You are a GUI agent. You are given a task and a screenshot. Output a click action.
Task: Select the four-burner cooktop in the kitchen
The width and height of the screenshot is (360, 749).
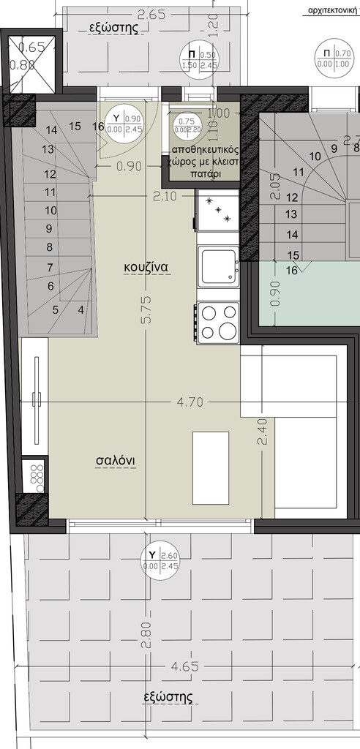click(x=219, y=321)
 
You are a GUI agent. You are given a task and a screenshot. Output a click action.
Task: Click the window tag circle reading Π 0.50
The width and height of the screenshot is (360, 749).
click(x=199, y=59)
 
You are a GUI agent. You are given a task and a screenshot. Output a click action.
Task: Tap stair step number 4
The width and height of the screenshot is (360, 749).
click(x=80, y=309)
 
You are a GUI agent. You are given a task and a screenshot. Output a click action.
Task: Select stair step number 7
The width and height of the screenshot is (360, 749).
click(x=50, y=267)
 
